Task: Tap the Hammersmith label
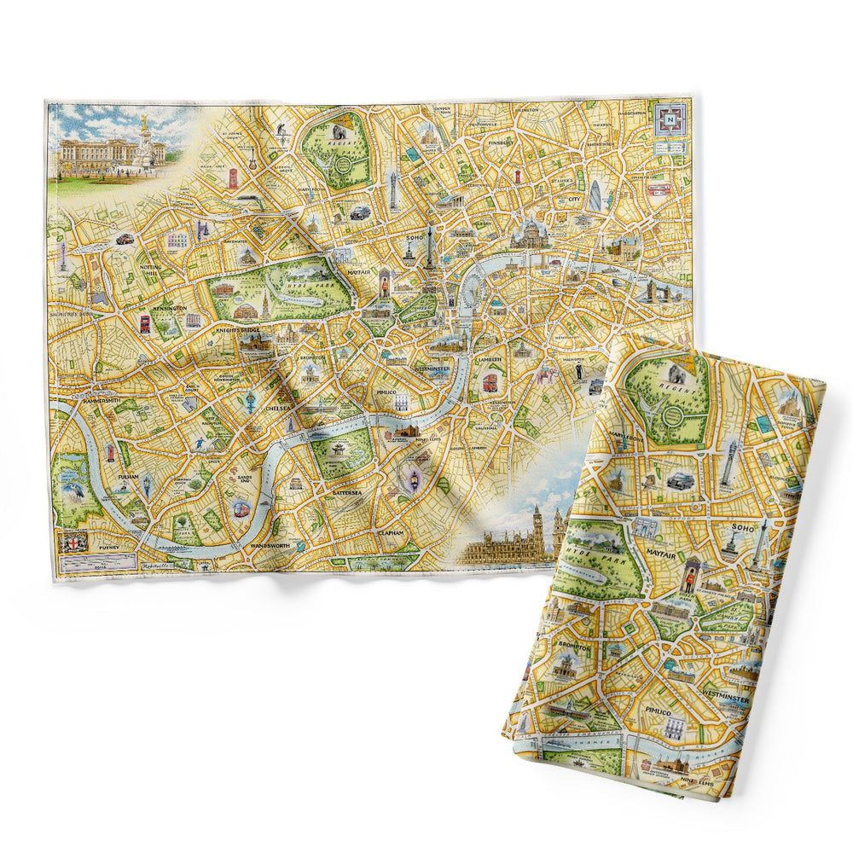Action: click(x=97, y=399)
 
